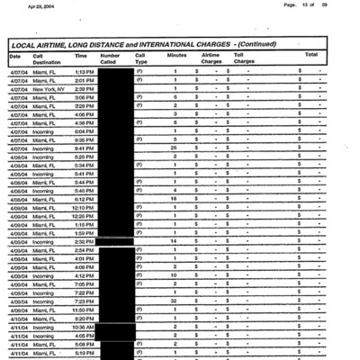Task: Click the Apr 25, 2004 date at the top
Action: point(42,5)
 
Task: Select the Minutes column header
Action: point(177,55)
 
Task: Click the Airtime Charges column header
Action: point(211,58)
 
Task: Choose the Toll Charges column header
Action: point(245,58)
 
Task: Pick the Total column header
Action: point(311,55)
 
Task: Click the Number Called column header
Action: point(109,58)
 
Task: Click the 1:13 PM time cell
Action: point(85,71)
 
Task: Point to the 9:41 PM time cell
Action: point(85,148)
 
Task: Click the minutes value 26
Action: point(174,148)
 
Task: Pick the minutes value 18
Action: point(174,199)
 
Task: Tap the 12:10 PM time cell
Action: point(84,207)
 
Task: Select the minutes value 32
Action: point(174,300)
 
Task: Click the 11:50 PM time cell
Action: point(84,309)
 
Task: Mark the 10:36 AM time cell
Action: point(83,326)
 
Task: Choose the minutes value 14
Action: point(174,241)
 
